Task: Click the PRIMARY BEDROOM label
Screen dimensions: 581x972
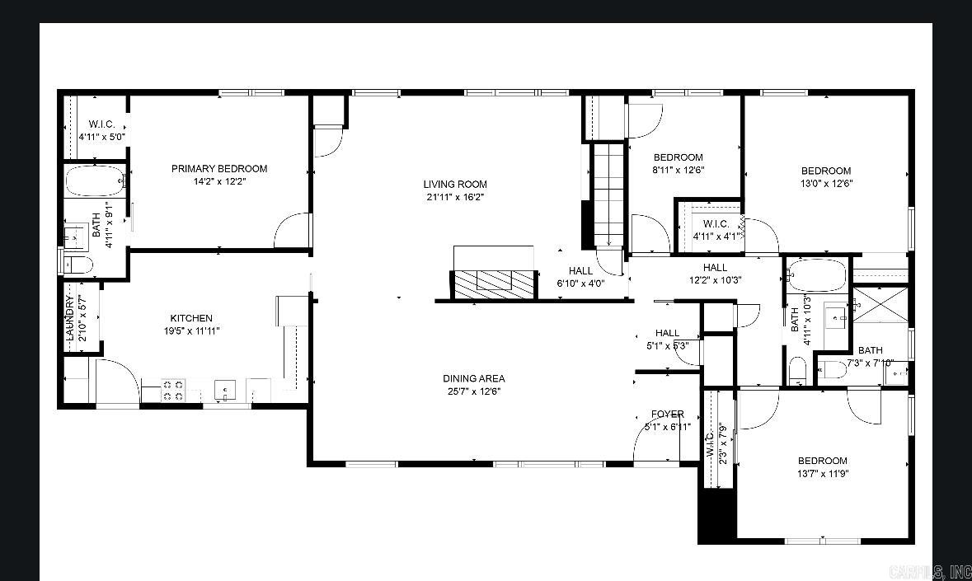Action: click(219, 169)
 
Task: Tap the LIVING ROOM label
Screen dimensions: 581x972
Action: click(455, 185)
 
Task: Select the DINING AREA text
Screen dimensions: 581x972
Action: click(473, 379)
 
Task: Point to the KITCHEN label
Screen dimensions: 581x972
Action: click(191, 318)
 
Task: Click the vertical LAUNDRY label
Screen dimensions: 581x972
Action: click(71, 318)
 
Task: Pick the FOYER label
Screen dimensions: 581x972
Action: click(667, 415)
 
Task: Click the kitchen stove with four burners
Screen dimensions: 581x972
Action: click(172, 390)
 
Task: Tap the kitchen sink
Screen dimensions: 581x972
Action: click(224, 389)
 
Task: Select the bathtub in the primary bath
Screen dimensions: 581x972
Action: click(95, 180)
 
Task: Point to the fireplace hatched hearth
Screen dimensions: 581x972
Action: click(493, 283)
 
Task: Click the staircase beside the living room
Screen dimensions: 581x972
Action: click(608, 193)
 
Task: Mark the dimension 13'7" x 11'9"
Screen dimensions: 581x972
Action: click(822, 474)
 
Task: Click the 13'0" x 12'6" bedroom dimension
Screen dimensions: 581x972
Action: click(825, 184)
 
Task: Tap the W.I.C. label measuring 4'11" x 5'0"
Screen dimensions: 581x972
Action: click(101, 137)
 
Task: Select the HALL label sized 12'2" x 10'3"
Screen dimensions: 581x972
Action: click(715, 268)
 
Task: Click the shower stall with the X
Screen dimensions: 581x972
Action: click(880, 304)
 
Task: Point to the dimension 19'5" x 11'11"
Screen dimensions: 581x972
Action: click(191, 331)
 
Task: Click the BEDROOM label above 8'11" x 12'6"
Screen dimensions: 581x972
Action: click(678, 157)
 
